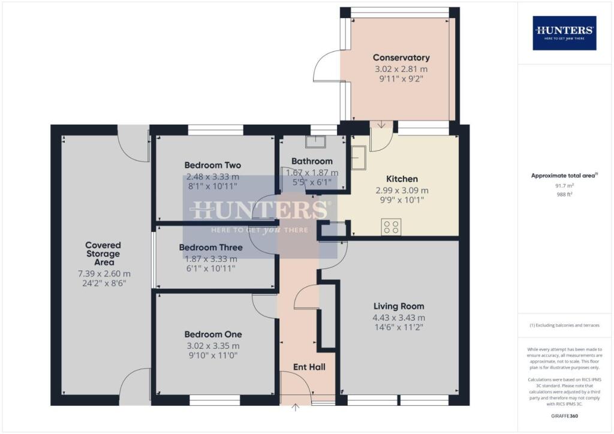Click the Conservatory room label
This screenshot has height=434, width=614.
click(401, 58)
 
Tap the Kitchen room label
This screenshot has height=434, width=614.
click(402, 179)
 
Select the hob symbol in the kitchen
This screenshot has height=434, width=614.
click(392, 227)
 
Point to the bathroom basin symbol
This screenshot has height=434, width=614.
click(315, 141)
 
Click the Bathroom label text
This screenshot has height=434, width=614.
click(312, 161)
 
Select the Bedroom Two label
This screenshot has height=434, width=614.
click(212, 165)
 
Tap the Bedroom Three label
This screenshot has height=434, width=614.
click(211, 247)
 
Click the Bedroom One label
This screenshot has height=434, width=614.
click(213, 334)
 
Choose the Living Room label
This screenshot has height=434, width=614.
click(399, 306)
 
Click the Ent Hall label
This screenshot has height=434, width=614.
click(309, 366)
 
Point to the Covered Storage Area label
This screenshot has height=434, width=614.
click(103, 254)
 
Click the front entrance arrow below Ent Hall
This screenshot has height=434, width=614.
click(295, 408)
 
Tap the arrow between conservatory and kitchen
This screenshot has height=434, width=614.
click(382, 125)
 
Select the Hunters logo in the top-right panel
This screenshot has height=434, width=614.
click(564, 32)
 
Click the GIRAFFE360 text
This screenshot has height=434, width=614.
click(564, 415)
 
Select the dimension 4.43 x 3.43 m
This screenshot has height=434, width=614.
click(399, 318)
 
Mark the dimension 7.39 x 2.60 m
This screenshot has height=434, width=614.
click(103, 273)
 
